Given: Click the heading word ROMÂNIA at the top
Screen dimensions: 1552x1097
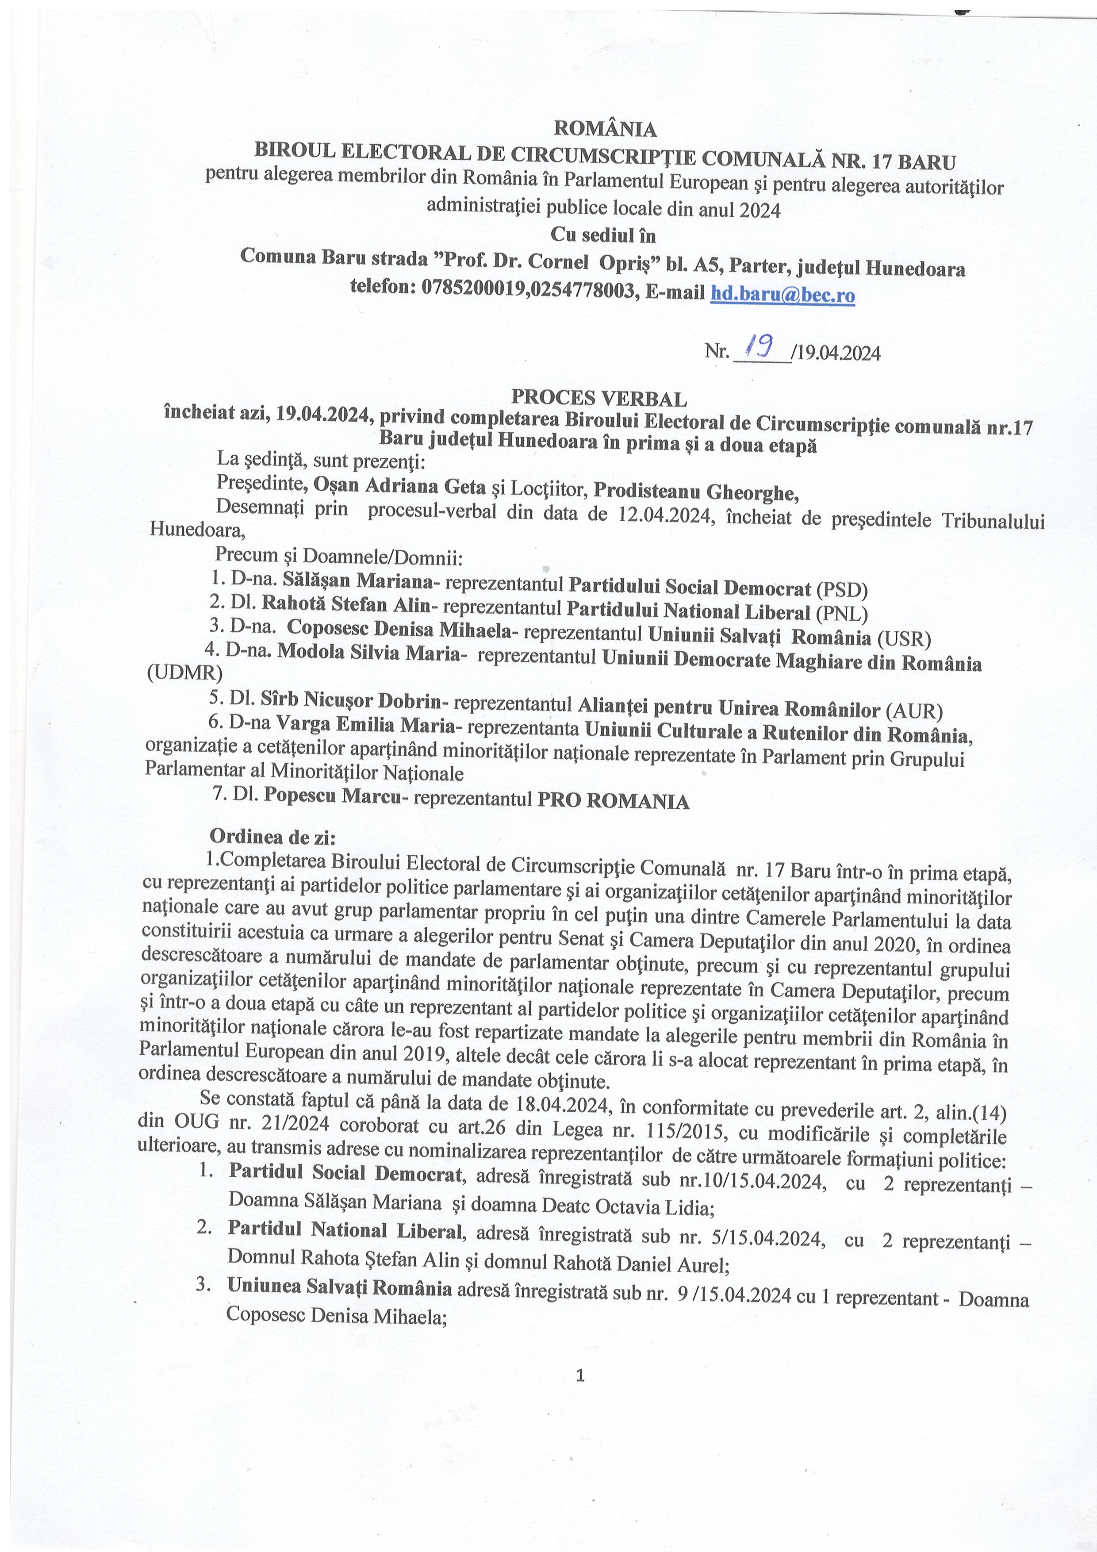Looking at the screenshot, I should coord(605,128).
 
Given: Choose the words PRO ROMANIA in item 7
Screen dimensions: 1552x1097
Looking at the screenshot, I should coord(613,802).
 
